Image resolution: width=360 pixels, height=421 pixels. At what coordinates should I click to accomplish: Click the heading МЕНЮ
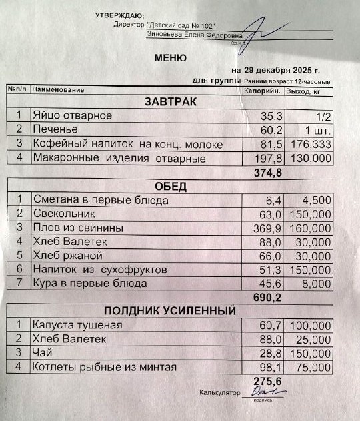pos(171,58)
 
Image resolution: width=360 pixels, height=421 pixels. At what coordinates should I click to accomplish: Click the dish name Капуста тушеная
pos(77,325)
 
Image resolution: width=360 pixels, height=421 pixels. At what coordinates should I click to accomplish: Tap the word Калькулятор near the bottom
pos(219,394)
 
